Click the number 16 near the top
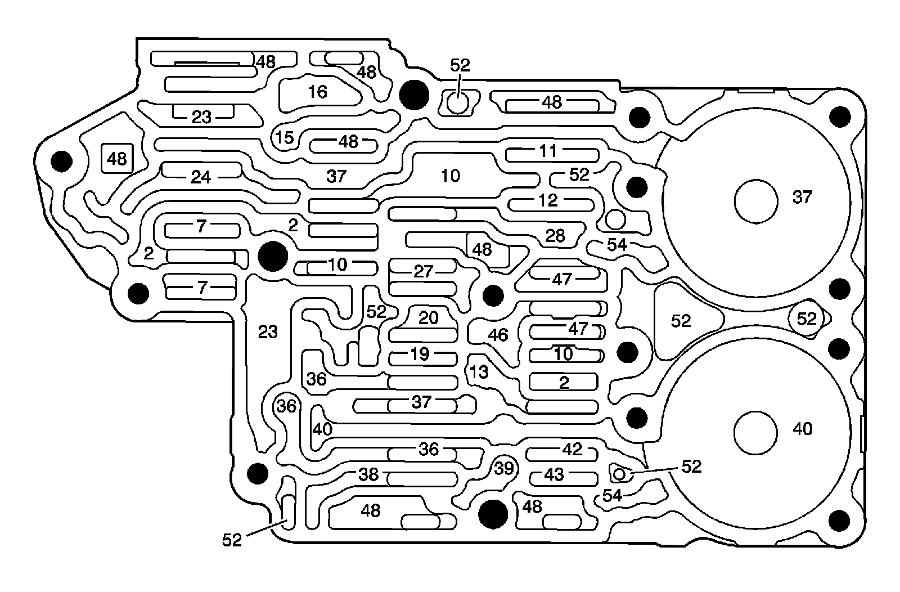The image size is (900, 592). coord(318,92)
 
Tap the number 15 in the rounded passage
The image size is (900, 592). coord(285,137)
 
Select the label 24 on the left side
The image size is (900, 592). coord(201,178)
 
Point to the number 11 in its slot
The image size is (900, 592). coord(548,151)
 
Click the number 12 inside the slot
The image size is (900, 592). coord(548,200)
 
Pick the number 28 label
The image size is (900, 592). coord(555,235)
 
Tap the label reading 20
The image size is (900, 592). coord(429,318)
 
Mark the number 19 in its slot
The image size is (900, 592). coord(420,354)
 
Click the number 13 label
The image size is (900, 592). coord(479,372)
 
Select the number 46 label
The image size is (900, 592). coord(498,335)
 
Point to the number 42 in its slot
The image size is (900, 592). coord(572,449)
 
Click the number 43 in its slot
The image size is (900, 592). coord(554,475)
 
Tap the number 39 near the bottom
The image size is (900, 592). coord(505,468)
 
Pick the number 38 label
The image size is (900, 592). coord(369,474)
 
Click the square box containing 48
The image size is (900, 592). coord(117,159)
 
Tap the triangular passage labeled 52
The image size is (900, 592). coord(682,321)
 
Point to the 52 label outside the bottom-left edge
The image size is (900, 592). coord(232,540)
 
